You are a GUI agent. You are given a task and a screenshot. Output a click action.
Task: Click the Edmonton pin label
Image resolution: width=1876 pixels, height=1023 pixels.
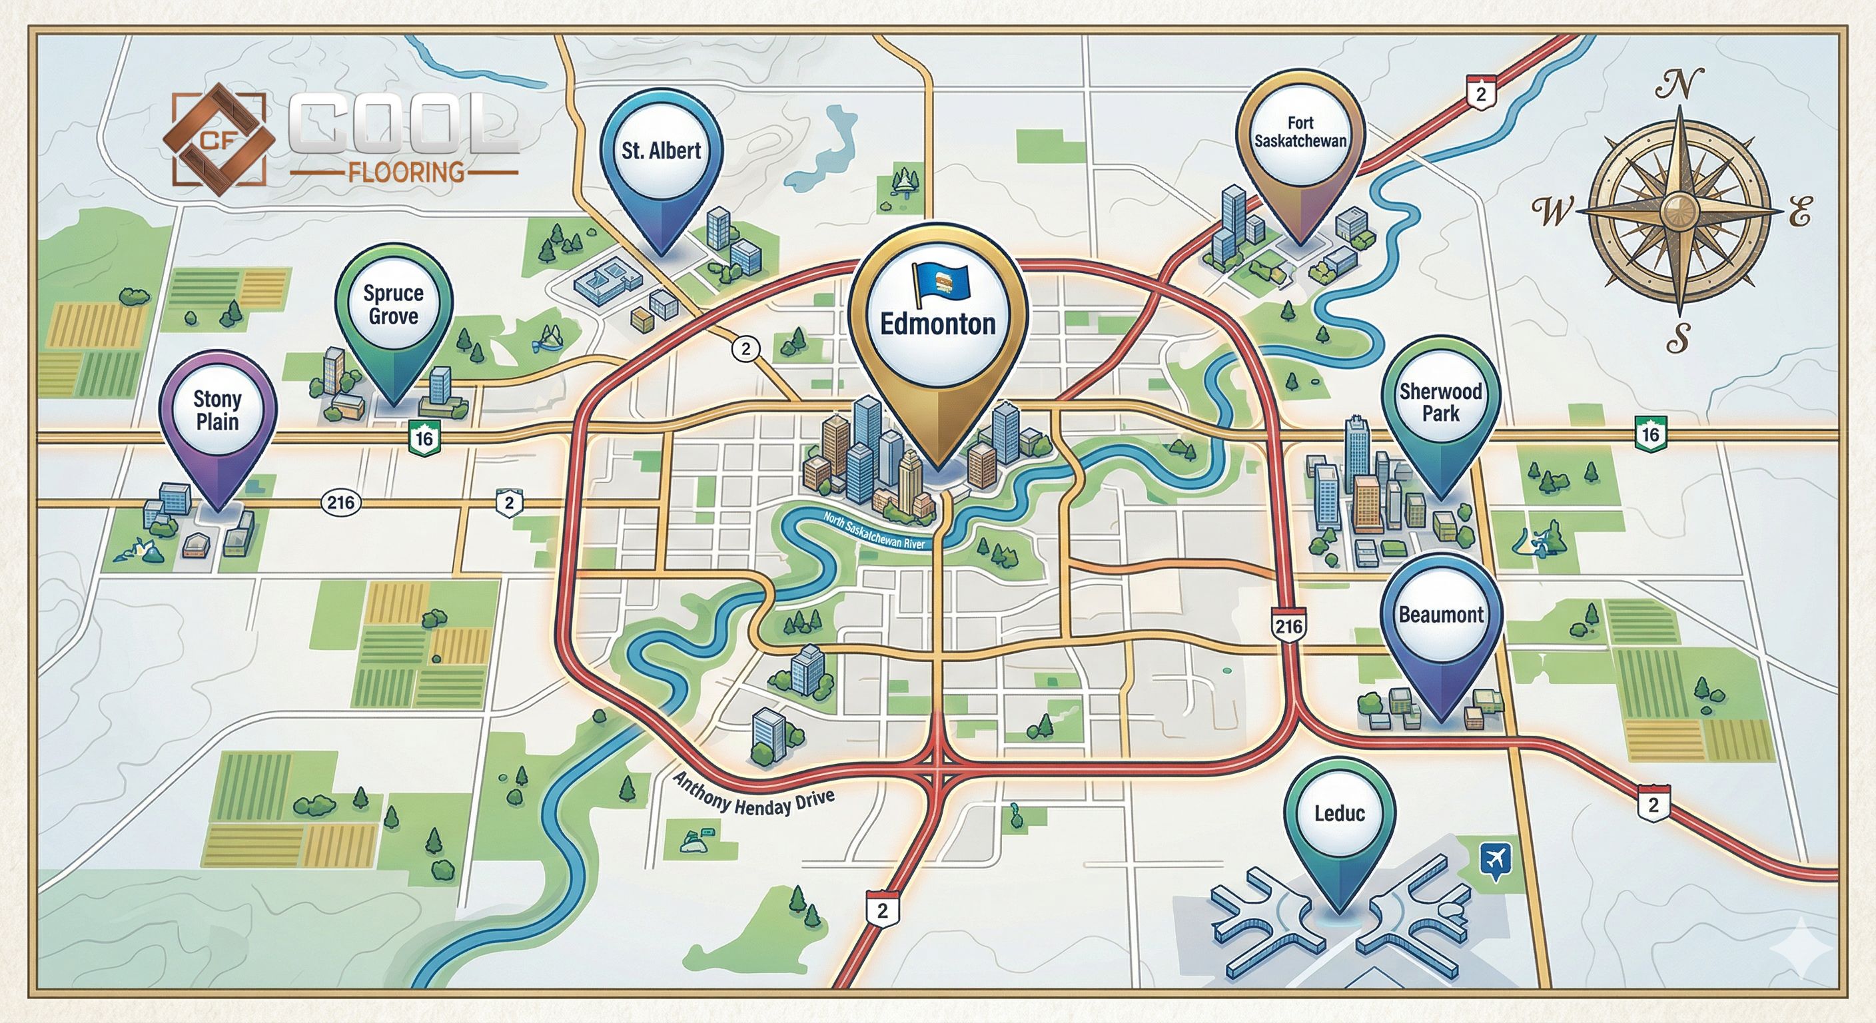[x=937, y=323]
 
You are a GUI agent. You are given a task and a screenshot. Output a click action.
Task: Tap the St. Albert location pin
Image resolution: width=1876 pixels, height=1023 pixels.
[x=662, y=151]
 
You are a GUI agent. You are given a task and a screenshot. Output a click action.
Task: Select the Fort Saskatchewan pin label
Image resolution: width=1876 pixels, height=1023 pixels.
[x=1300, y=132]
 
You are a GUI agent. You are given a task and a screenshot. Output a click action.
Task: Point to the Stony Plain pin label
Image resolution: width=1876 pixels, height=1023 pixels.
[x=217, y=410]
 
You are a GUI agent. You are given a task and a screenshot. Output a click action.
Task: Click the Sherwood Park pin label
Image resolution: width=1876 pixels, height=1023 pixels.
[x=1440, y=402]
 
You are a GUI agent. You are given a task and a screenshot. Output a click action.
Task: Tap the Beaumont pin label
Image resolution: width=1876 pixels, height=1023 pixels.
[x=1440, y=614]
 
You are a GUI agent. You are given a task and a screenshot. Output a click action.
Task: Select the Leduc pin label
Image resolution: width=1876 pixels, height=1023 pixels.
[x=1339, y=813]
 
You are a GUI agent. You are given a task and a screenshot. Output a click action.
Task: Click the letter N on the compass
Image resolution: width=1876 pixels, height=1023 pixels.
[x=1679, y=84]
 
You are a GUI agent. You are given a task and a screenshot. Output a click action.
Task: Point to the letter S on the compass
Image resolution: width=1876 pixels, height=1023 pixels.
[x=1678, y=337]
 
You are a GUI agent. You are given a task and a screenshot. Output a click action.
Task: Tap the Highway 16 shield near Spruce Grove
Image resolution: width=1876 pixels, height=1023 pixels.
[x=424, y=438]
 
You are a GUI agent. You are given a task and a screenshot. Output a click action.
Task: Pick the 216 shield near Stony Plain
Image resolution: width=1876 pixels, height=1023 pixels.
[x=341, y=502]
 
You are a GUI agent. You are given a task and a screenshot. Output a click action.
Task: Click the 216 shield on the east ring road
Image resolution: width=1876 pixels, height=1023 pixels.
[x=1288, y=626]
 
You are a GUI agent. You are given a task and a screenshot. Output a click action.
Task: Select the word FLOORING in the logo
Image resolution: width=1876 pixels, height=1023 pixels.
[x=406, y=172]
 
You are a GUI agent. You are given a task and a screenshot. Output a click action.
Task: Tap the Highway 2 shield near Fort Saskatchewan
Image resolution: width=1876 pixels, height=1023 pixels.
[x=1480, y=94]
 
